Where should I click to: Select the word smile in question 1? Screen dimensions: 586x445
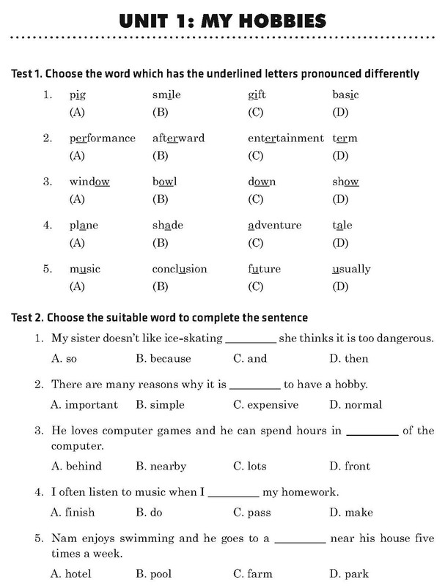click(166, 94)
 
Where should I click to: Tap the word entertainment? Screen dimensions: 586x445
click(285, 138)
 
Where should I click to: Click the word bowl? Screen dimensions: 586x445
click(164, 182)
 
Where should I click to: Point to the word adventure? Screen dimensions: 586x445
click(274, 226)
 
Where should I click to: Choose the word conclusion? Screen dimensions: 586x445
click(180, 269)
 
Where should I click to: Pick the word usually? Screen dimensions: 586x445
click(351, 269)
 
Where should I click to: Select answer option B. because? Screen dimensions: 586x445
click(163, 359)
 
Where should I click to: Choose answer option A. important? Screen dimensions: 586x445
click(84, 404)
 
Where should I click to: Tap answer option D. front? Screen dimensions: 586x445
click(350, 466)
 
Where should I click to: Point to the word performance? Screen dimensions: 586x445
click(102, 138)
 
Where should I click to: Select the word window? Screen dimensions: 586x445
click(89, 182)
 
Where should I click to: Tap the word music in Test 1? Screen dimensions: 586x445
click(84, 269)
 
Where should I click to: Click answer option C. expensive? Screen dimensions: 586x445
click(265, 404)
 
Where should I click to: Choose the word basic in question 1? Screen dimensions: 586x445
click(345, 94)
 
